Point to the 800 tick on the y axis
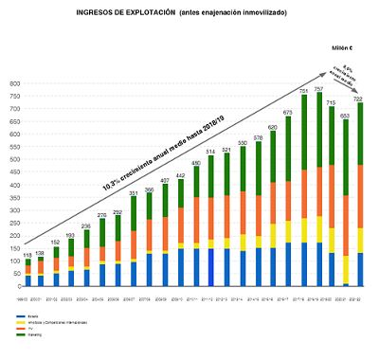click(x=11, y=84)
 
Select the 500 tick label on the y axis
click(x=11, y=160)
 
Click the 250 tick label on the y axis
click(x=11, y=223)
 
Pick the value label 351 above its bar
click(x=134, y=192)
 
